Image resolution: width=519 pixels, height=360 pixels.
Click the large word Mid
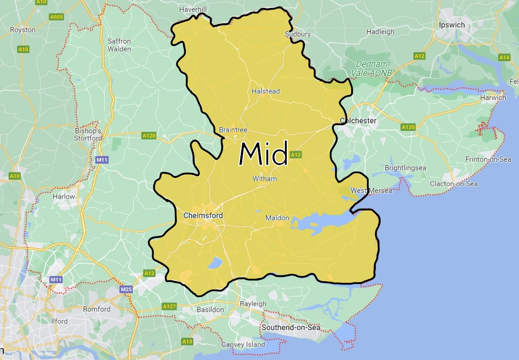(264, 154)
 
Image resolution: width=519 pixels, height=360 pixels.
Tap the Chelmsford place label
(203, 215)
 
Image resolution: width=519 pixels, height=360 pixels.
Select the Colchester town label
(358, 120)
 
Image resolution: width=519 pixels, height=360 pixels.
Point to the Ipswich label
(452, 25)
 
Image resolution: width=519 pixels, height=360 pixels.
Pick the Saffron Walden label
(119, 45)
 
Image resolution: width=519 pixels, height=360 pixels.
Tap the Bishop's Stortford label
(88, 134)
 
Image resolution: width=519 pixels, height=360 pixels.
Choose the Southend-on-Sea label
(291, 327)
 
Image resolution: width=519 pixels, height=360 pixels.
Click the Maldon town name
(277, 218)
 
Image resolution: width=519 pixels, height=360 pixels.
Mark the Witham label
(264, 179)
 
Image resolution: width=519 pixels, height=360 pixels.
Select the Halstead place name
(265, 91)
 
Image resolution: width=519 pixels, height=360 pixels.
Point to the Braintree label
(233, 130)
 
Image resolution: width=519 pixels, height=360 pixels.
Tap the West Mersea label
(371, 191)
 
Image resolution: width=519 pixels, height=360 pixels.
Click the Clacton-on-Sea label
(454, 184)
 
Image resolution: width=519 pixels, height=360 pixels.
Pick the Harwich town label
(493, 98)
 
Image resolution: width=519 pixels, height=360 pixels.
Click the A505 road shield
(56, 17)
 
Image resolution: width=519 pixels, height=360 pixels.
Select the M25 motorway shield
(126, 289)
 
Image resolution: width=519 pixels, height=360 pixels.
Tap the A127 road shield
(169, 306)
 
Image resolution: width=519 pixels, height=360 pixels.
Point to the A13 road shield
(187, 342)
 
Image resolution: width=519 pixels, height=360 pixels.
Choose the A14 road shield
(504, 57)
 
